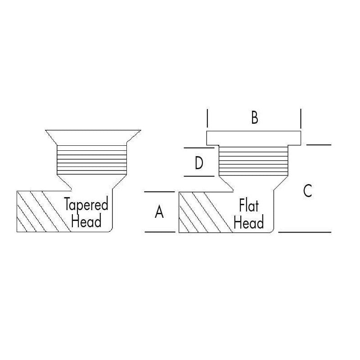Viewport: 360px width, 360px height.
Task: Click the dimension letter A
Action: point(159,211)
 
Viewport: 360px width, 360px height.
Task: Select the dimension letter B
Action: point(255,117)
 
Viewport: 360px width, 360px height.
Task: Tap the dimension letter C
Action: point(307,190)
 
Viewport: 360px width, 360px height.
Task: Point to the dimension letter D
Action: point(199,162)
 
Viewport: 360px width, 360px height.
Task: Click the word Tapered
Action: point(86,204)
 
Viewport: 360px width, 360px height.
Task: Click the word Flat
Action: point(249,205)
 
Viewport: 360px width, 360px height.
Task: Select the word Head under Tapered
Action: point(86,220)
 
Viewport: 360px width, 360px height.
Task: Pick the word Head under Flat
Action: point(249,222)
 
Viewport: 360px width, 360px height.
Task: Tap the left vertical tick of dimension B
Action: point(207,118)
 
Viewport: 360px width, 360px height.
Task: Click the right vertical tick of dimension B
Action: point(301,119)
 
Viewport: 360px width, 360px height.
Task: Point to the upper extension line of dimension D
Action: point(199,148)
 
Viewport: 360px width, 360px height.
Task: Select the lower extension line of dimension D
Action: point(199,176)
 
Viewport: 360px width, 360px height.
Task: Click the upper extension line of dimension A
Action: point(160,192)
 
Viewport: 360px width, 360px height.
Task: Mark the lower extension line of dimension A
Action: point(160,232)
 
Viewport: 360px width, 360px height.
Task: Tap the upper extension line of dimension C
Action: point(319,145)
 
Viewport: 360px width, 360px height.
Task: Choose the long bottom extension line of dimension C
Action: point(305,232)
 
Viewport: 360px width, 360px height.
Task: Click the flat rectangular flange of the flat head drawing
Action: point(254,138)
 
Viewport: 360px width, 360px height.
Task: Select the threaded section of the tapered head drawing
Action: point(92,160)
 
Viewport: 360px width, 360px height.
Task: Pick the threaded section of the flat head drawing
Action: point(253,161)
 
